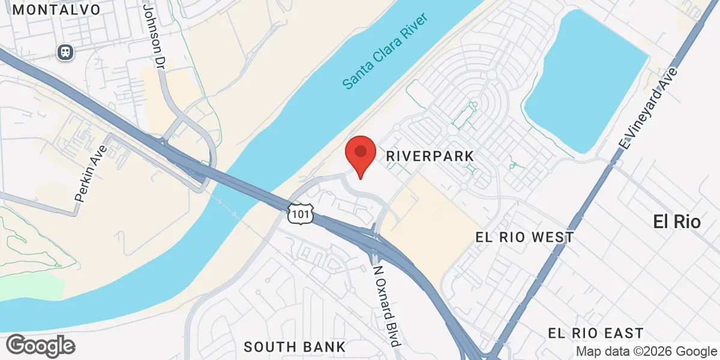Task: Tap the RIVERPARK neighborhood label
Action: pyautogui.click(x=430, y=156)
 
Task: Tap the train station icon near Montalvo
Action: pyautogui.click(x=65, y=52)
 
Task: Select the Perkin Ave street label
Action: pyautogui.click(x=90, y=173)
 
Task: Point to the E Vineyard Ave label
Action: pyautogui.click(x=649, y=108)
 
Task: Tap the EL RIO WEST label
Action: pyautogui.click(x=524, y=238)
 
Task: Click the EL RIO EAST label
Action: pyautogui.click(x=596, y=333)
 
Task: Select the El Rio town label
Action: pyautogui.click(x=677, y=222)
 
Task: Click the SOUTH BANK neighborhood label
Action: pyautogui.click(x=295, y=346)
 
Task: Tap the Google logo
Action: pyautogui.click(x=40, y=346)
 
